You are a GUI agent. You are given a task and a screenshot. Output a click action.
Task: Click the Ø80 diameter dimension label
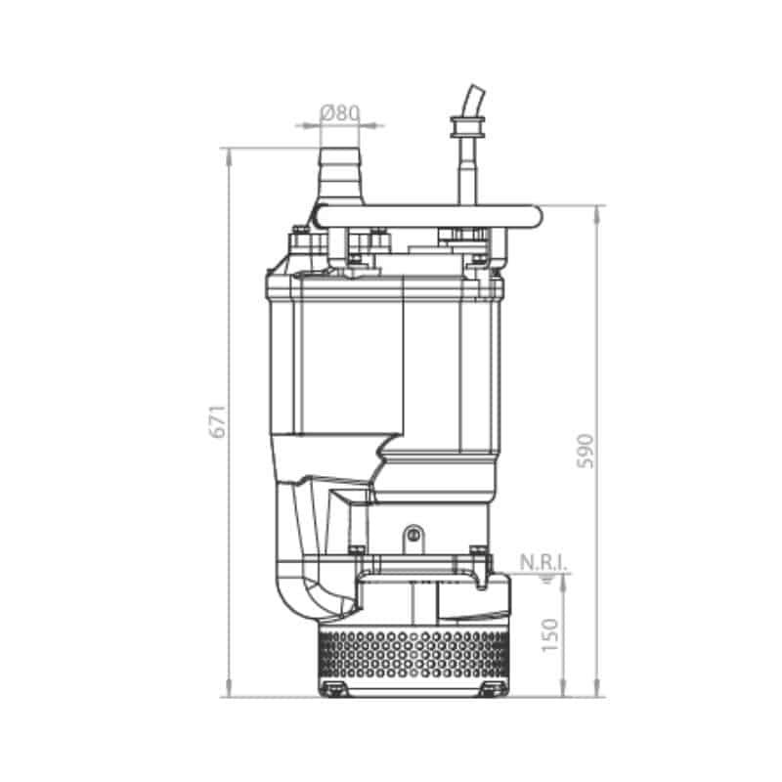pyautogui.click(x=339, y=113)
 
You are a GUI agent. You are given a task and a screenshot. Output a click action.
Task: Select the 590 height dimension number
pyautogui.click(x=586, y=452)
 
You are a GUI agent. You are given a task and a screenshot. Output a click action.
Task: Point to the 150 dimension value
pyautogui.click(x=549, y=634)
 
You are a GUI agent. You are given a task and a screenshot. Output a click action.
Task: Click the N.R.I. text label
pyautogui.click(x=543, y=563)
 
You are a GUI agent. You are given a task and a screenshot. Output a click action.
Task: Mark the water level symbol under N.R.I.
pyautogui.click(x=548, y=579)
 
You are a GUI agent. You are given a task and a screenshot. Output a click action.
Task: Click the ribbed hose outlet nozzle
pyautogui.click(x=339, y=176)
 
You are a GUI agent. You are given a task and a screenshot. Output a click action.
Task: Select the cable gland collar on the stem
pyautogui.click(x=467, y=127)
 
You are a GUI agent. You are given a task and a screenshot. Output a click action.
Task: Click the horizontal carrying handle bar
pyautogui.click(x=429, y=217)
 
